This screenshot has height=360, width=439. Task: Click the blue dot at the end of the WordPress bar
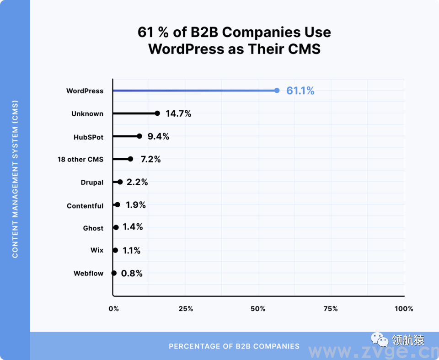pyautogui.click(x=277, y=91)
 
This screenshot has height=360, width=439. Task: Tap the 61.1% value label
pyautogui.click(x=300, y=91)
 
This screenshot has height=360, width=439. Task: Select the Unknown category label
pyautogui.click(x=87, y=113)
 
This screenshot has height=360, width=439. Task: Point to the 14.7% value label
pyautogui.click(x=178, y=113)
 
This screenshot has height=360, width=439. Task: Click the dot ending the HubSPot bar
pyautogui.click(x=139, y=136)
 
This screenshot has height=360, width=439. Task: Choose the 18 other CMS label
pyautogui.click(x=80, y=160)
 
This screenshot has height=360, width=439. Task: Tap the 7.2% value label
pyautogui.click(x=151, y=159)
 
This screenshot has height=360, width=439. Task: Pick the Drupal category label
pyautogui.click(x=92, y=183)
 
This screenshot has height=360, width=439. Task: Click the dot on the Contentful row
pyautogui.click(x=118, y=205)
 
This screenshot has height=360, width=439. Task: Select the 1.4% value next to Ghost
pyautogui.click(x=133, y=227)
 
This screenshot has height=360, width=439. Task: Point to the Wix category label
pyautogui.click(x=97, y=250)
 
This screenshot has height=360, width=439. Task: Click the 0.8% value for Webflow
pyautogui.click(x=132, y=274)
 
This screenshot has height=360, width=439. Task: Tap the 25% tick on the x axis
pyautogui.click(x=185, y=309)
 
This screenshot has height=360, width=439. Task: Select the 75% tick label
pyautogui.click(x=330, y=309)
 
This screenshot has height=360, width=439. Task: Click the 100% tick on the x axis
pyautogui.click(x=404, y=309)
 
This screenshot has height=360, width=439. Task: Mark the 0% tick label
pyautogui.click(x=113, y=309)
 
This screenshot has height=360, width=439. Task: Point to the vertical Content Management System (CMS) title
pyautogui.click(x=15, y=179)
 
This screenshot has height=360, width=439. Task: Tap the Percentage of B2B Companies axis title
pyautogui.click(x=234, y=346)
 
